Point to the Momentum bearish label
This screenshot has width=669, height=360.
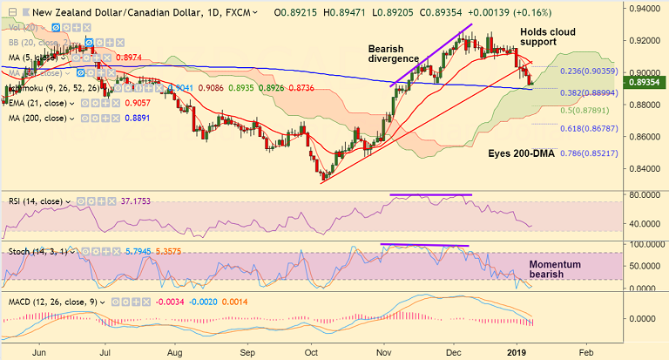coord(558,268)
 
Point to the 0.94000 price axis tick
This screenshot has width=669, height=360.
coord(643,9)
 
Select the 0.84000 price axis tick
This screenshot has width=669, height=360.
coord(643,169)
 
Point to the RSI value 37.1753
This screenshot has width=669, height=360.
coord(142,201)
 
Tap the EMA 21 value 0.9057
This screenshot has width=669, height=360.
coord(139,102)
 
